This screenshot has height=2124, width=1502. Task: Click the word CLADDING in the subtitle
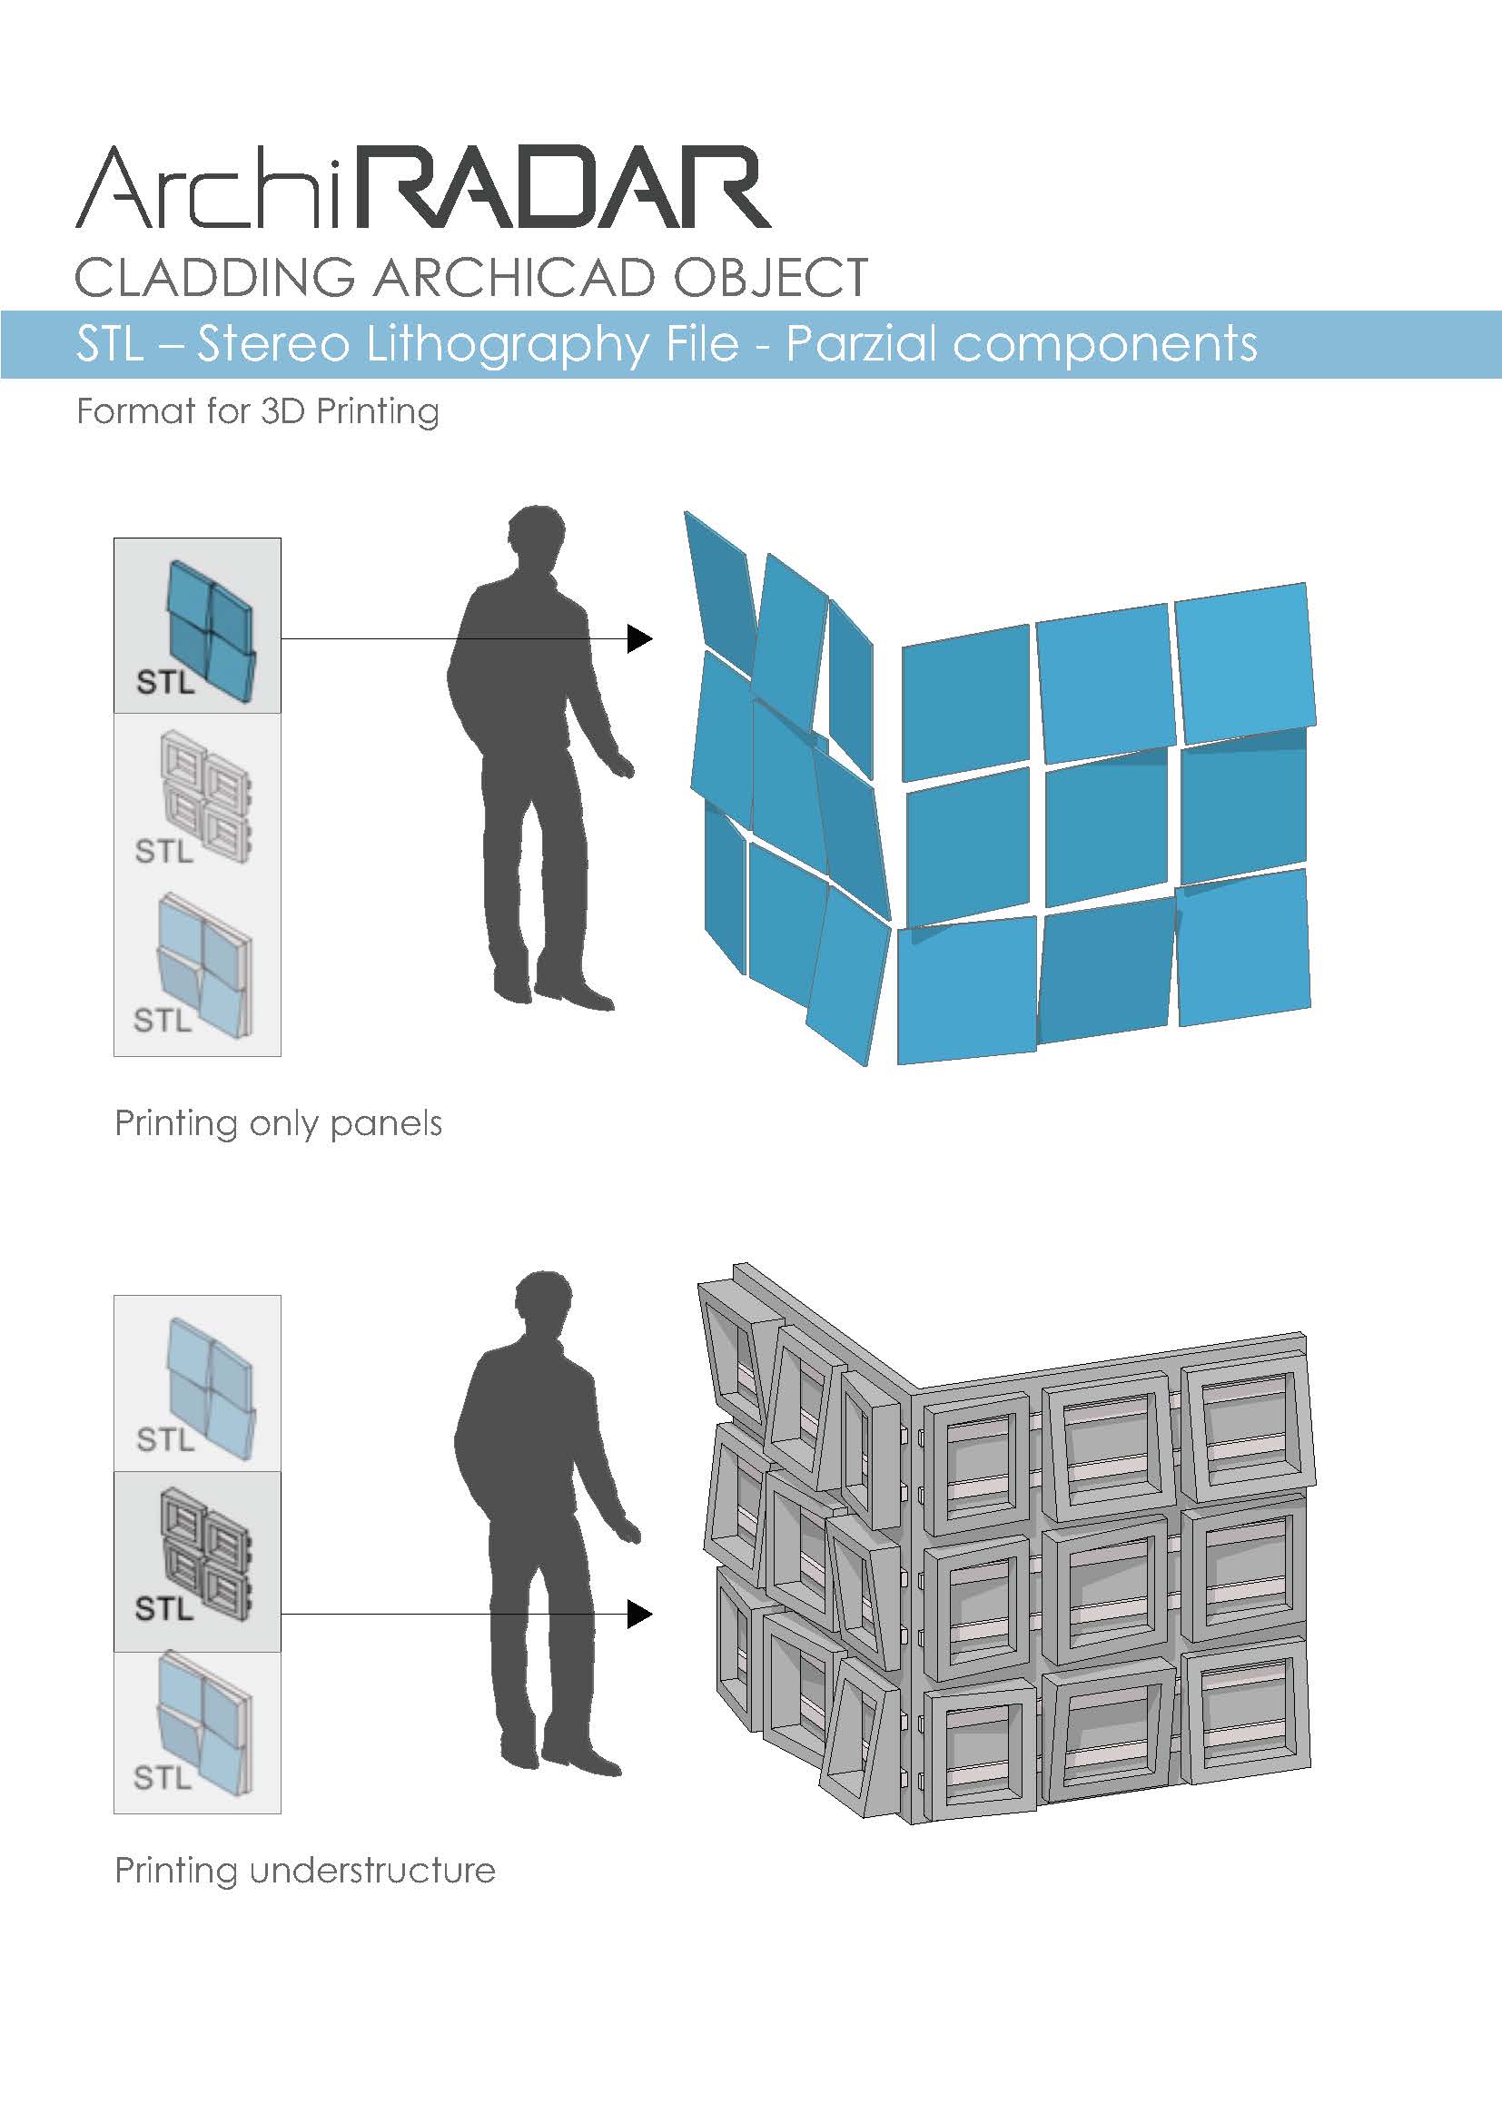coord(214,278)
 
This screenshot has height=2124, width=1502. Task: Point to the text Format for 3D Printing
coord(258,411)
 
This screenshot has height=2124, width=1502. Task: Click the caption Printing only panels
coord(279,1124)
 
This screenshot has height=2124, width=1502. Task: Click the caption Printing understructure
coord(305,1871)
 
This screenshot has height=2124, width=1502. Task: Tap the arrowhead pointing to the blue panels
coord(640,638)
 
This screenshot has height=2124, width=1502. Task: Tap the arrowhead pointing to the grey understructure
coord(640,1615)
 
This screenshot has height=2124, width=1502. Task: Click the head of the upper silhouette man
coord(538,542)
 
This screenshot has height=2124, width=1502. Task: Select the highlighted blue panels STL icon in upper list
coord(197,626)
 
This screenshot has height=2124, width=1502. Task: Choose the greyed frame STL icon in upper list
coord(197,798)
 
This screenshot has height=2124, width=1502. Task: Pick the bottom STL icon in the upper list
coord(197,971)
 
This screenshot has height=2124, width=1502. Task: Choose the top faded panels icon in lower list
coord(197,1384)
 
